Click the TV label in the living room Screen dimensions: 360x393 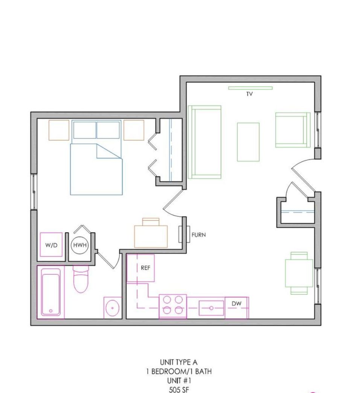[x=249, y=94]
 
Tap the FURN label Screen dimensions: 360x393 [x=198, y=235]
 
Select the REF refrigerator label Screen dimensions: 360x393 [x=145, y=268]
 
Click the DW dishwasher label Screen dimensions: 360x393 [x=236, y=303]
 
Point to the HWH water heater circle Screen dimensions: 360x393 [x=80, y=245]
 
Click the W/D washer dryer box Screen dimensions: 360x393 [x=51, y=245]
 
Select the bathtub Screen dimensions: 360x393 [x=50, y=292]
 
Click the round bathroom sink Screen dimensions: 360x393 [x=112, y=308]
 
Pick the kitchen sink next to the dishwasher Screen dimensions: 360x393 [x=211, y=308]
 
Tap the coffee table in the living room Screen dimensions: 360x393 [x=248, y=142]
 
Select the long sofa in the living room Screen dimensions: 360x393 [x=204, y=142]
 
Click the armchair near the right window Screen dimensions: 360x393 [x=293, y=130]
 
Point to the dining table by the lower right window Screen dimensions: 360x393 [x=299, y=273]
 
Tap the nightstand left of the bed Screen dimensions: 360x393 [x=59, y=130]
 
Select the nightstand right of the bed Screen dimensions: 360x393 [x=134, y=130]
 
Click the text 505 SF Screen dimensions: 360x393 [x=179, y=390]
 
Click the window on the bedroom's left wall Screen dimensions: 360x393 [x=34, y=192]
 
